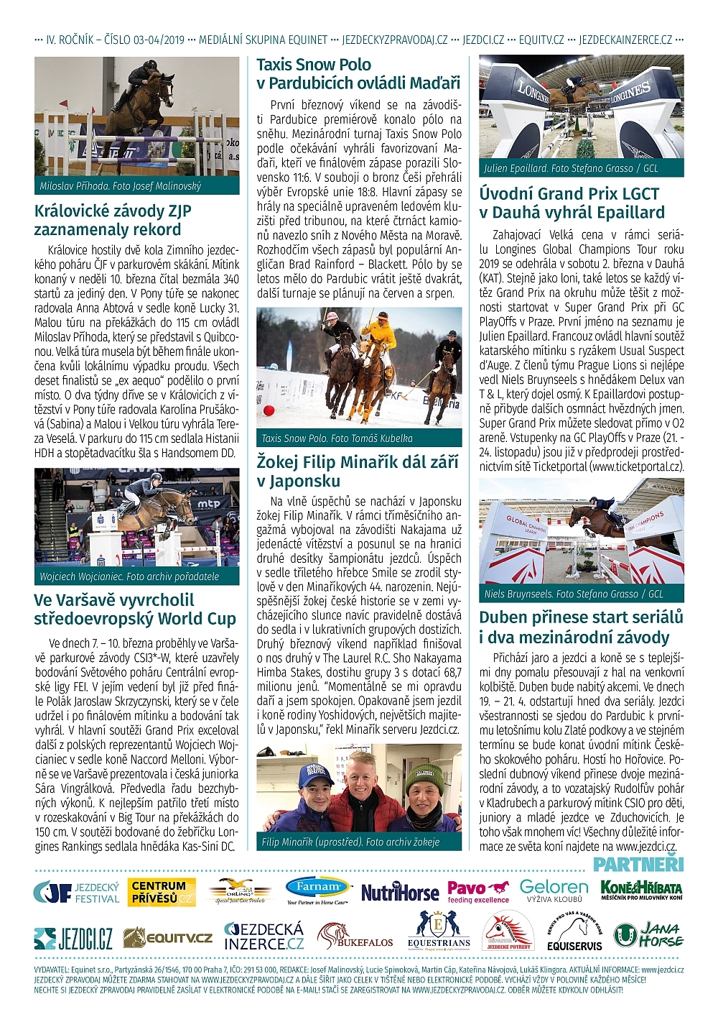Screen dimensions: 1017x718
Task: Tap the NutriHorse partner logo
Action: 400,893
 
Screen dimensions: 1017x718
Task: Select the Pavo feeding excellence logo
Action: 478,892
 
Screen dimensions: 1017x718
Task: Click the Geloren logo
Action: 554,891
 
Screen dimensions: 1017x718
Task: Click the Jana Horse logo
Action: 648,934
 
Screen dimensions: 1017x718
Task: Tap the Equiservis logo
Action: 574,934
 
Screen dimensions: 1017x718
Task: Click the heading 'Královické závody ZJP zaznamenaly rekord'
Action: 113,220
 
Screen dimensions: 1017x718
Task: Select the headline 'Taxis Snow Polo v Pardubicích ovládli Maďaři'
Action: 358,74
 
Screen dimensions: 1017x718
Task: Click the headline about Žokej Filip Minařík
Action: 358,471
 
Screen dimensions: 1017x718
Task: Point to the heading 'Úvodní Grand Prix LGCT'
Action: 569,193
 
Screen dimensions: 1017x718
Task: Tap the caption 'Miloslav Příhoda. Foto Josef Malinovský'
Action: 121,186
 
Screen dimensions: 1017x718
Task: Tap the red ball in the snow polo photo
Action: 269,410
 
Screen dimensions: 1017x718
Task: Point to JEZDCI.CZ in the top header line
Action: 483,40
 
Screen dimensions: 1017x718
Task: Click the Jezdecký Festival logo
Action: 77,893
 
